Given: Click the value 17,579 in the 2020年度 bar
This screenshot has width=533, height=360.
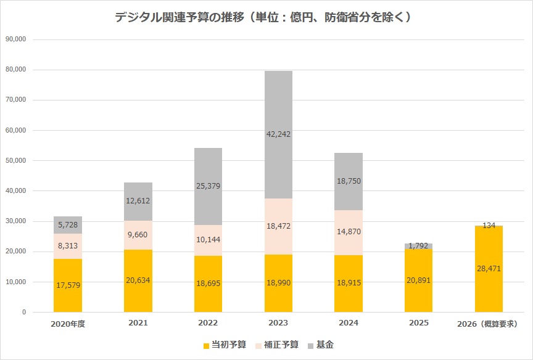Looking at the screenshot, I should (68, 285).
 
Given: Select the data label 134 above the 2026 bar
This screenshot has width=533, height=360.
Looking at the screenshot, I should (489, 226).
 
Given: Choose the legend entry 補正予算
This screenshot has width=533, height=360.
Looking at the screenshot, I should (278, 345).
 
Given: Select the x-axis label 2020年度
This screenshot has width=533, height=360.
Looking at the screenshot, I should (68, 324).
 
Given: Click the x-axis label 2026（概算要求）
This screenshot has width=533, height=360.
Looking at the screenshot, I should (489, 324).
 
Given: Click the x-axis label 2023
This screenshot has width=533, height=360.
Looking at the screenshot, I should (278, 324).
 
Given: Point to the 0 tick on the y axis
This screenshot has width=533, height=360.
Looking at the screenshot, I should (23, 313).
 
